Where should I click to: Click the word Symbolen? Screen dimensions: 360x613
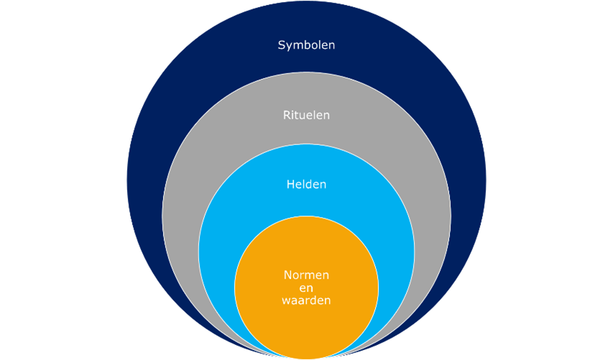tap(306, 45)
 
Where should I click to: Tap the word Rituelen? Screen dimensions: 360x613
tap(306, 114)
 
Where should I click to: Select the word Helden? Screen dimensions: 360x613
tap(306, 184)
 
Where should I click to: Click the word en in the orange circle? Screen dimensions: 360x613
tap(306, 287)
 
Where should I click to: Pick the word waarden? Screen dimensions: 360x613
tap(306, 300)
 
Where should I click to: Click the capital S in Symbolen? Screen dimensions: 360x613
tap(282, 45)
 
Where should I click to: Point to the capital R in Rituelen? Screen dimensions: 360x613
tap(286, 114)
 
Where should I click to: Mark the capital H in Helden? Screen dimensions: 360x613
tap(290, 184)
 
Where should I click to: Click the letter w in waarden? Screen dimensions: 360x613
tap(286, 301)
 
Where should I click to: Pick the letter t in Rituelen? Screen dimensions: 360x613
tap(298, 114)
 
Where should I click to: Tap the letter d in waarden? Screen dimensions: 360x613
tap(313, 300)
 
